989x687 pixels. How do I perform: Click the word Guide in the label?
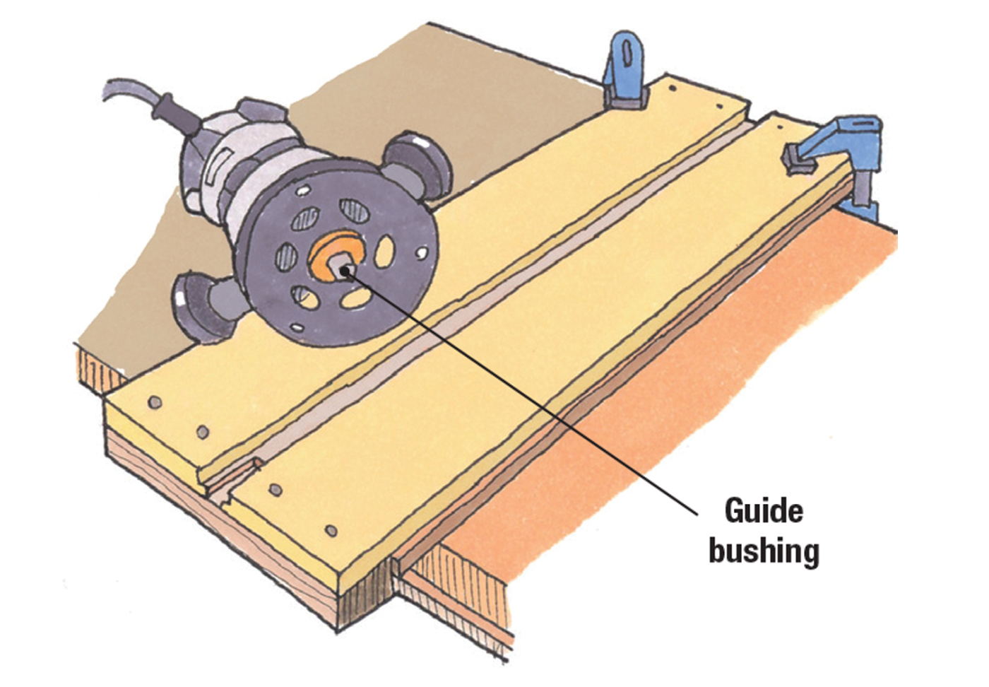764,510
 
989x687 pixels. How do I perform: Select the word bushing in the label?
764,550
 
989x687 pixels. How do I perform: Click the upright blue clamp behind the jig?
626,71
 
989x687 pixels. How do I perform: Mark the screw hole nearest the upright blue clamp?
672,90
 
